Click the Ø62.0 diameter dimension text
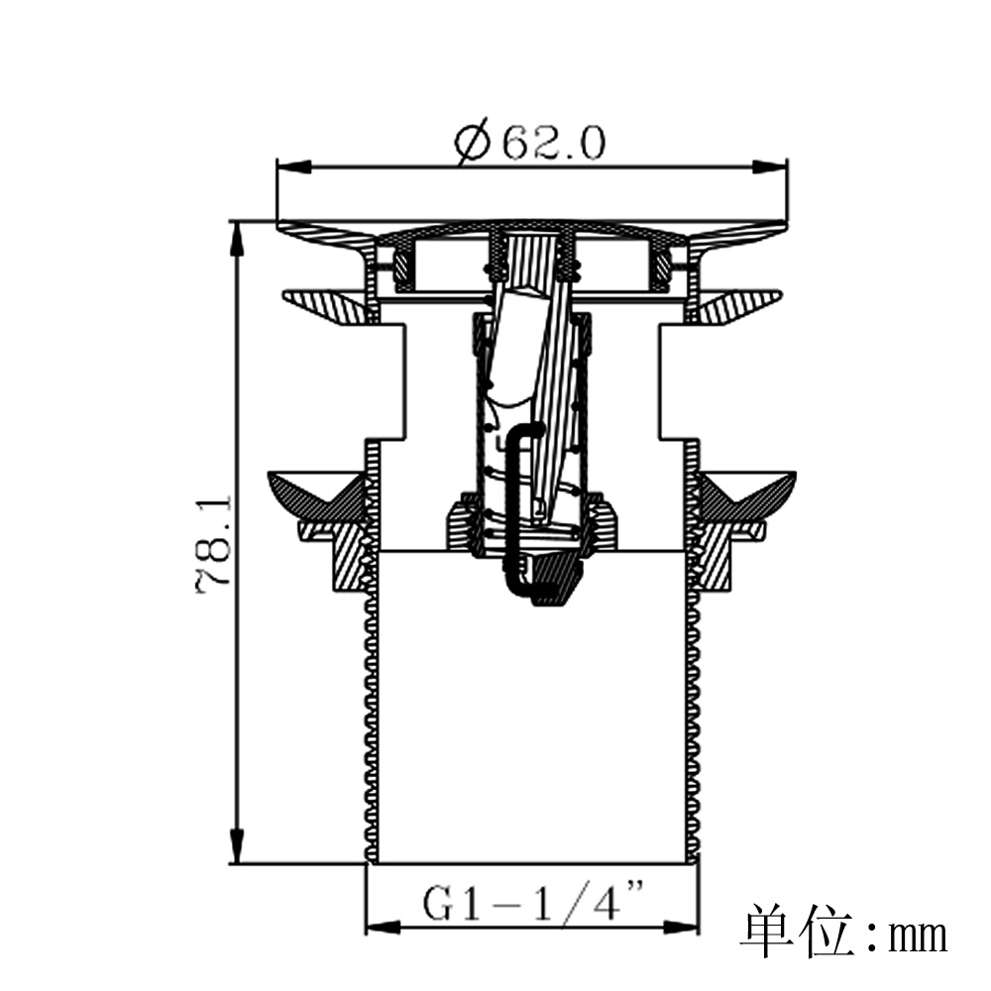point(529,145)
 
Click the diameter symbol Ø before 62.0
point(473,145)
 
